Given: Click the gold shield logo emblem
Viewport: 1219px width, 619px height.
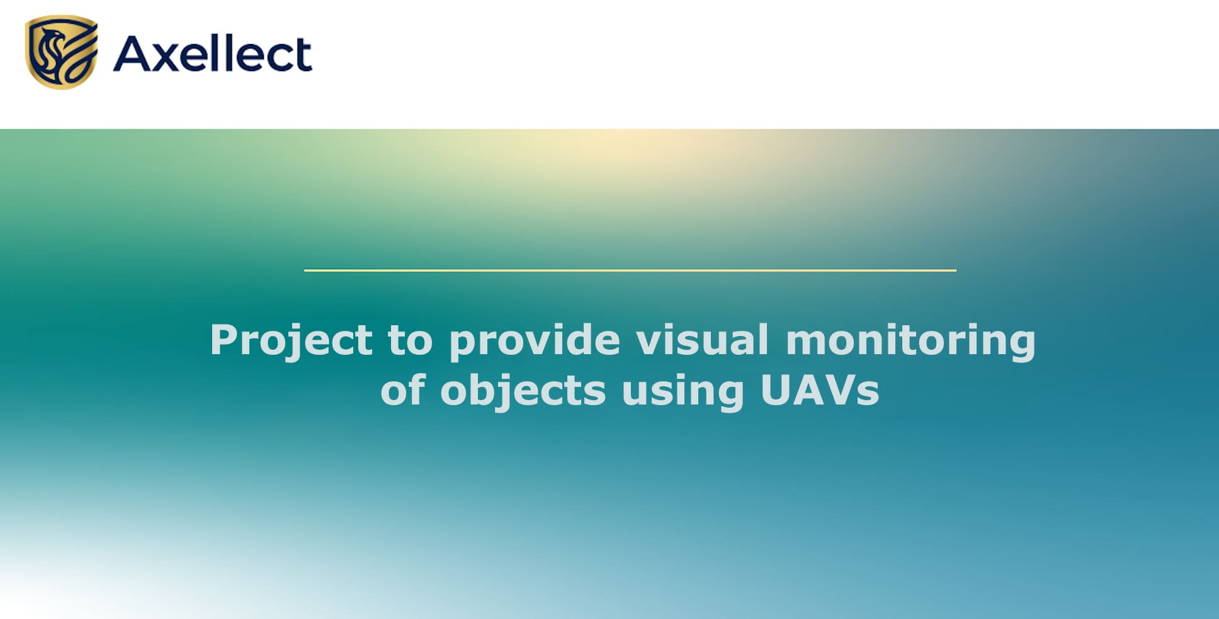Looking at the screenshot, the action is point(62,52).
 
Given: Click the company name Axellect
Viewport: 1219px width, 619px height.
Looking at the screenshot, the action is point(213,53).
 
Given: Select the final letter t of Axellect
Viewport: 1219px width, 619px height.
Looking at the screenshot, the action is point(302,55).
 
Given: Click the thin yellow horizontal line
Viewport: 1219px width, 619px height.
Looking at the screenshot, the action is point(630,270).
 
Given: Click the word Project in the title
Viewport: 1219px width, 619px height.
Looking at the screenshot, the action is point(291,342).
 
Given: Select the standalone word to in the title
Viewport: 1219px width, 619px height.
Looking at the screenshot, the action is point(410,340).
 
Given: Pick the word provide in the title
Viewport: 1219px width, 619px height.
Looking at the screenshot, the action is point(535,342).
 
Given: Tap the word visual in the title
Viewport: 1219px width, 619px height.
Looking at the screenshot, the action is point(702,339).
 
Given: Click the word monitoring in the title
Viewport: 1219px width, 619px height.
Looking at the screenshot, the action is point(910,342).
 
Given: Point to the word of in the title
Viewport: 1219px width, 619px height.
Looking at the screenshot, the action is point(403,390).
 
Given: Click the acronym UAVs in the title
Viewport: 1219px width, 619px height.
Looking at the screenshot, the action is point(819,391).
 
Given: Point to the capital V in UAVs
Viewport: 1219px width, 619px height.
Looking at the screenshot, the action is point(837,391).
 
